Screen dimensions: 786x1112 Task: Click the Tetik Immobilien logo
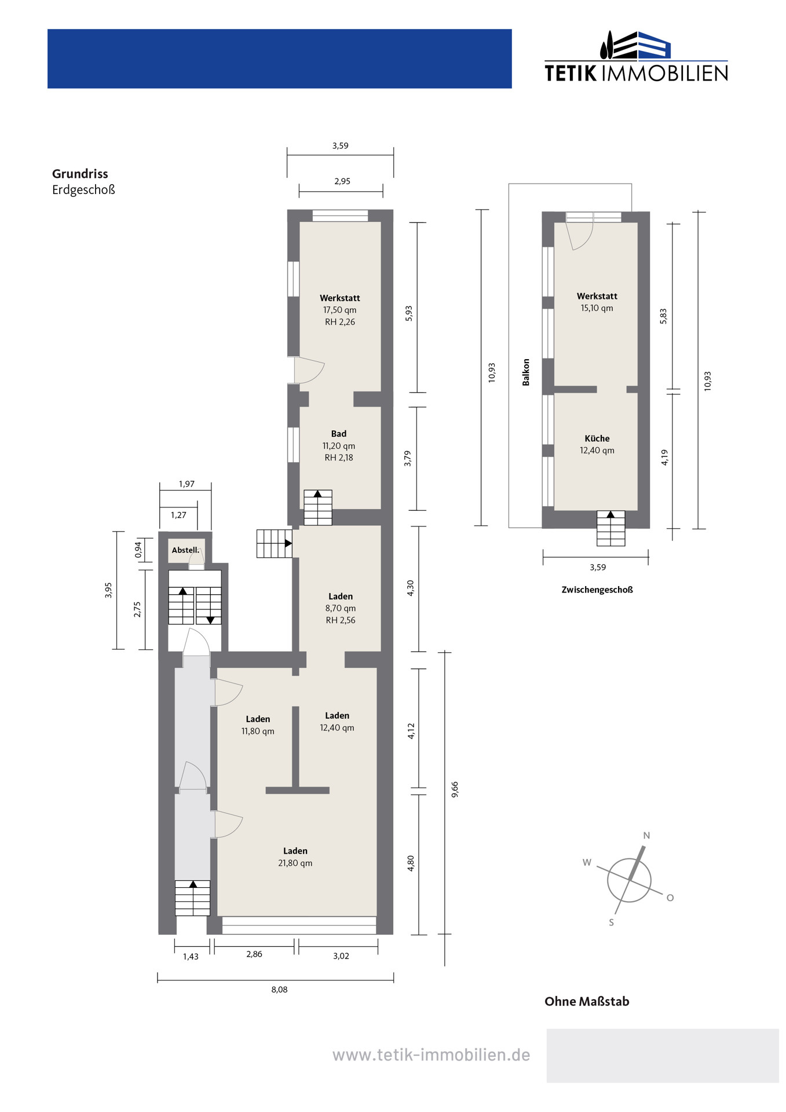tap(636, 56)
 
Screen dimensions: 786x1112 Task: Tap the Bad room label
tap(339, 434)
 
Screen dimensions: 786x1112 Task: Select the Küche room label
tap(597, 438)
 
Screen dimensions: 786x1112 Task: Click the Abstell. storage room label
tap(185, 550)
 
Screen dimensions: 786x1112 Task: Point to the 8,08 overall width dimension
tap(279, 989)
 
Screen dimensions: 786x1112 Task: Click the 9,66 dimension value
tap(455, 789)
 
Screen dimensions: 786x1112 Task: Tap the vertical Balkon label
tap(526, 372)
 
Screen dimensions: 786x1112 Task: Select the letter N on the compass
tap(646, 835)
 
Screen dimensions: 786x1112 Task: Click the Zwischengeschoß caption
tap(597, 590)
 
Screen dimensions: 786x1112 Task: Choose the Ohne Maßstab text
tap(587, 1001)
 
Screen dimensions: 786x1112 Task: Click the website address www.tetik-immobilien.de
tap(431, 1055)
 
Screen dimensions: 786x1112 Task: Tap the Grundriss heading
tap(80, 174)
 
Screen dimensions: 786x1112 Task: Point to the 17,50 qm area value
tap(340, 310)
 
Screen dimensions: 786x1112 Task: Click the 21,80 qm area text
tap(295, 863)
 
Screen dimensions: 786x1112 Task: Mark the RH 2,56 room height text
tap(341, 620)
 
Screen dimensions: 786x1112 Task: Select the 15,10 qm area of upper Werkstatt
tap(597, 308)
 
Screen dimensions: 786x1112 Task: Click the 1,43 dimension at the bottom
tap(191, 956)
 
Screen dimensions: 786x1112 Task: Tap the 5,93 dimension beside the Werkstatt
tap(408, 313)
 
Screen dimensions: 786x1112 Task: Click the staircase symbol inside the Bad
tap(318, 507)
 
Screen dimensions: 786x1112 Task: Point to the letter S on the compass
tap(611, 923)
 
